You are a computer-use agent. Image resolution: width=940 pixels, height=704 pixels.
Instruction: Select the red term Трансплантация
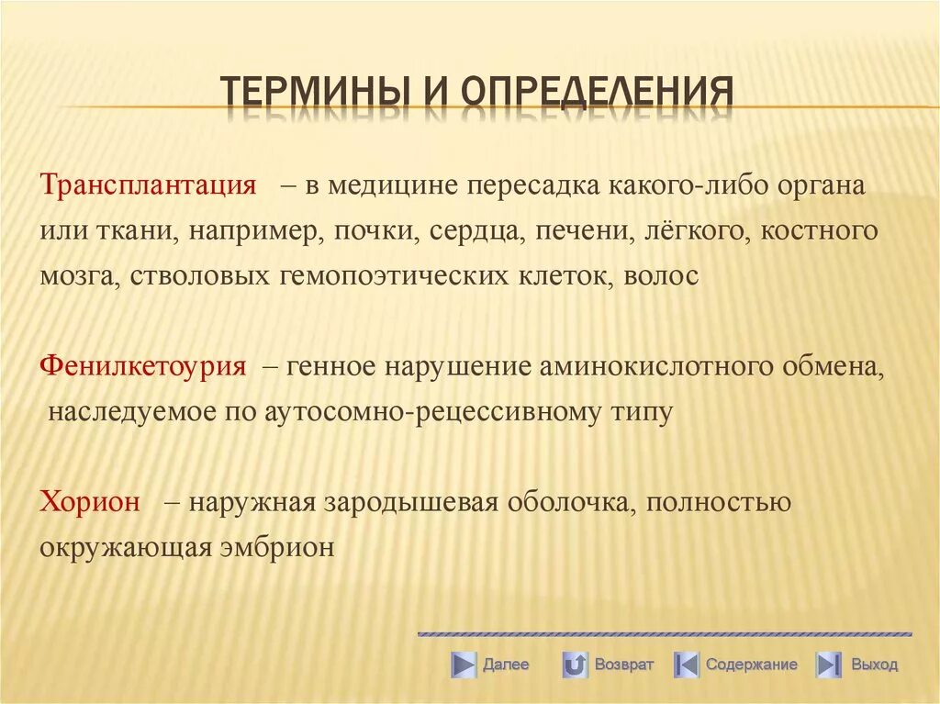click(148, 184)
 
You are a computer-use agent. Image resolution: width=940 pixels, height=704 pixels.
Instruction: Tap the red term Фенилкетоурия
click(143, 365)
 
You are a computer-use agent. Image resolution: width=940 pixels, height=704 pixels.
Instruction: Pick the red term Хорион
click(90, 502)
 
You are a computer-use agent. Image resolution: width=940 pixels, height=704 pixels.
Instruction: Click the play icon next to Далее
click(464, 665)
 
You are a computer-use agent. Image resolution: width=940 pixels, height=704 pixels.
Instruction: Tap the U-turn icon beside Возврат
click(575, 665)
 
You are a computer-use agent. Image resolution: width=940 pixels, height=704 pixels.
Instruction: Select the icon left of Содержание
click(687, 665)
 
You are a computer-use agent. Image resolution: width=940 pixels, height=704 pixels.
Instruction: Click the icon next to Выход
click(829, 665)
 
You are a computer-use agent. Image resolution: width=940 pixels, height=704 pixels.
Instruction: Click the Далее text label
click(506, 665)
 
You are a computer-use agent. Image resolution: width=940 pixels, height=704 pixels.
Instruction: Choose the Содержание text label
click(752, 665)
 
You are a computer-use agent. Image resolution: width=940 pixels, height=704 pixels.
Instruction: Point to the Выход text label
click(874, 665)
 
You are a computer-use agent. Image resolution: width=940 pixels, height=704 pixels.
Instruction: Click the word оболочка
click(564, 502)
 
